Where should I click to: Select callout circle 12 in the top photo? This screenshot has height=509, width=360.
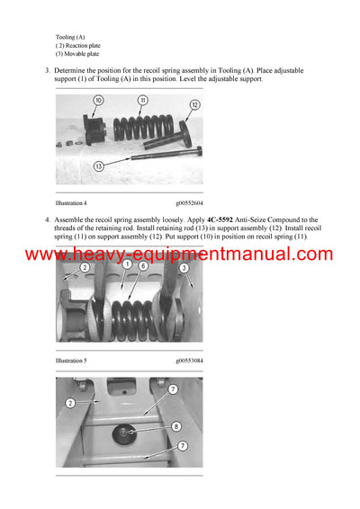(193, 105)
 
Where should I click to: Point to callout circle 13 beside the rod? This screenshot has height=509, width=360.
(98, 165)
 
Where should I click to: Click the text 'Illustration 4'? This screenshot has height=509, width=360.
(71, 203)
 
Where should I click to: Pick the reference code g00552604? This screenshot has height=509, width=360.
(189, 203)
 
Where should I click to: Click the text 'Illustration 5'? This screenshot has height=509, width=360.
(71, 360)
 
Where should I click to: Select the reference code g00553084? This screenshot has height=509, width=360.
(189, 360)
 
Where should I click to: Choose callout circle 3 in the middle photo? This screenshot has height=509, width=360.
(184, 267)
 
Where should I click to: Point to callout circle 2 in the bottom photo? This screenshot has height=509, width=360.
(70, 404)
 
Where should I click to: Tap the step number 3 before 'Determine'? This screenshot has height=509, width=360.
(47, 69)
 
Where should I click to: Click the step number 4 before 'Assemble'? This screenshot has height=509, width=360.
(47, 219)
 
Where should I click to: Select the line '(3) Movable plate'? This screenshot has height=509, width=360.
(77, 54)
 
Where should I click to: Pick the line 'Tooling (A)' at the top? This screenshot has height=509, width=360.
(70, 37)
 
